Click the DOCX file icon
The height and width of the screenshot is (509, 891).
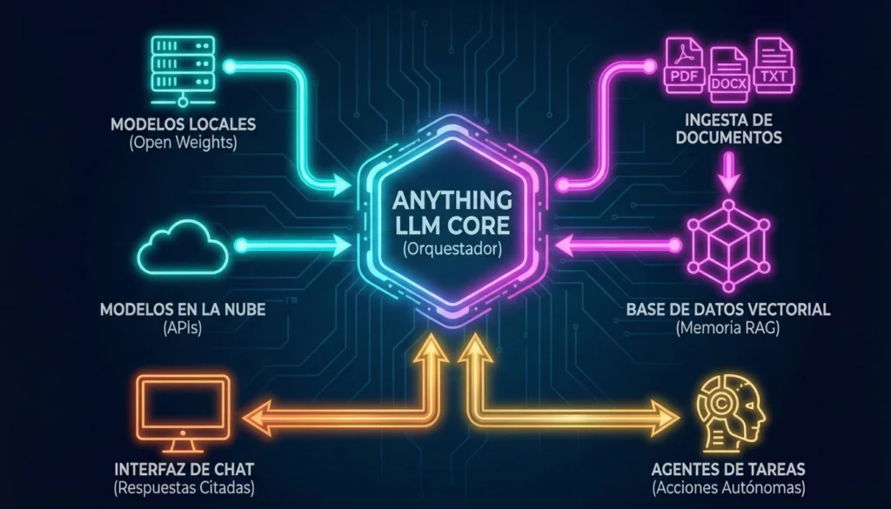point(728,75)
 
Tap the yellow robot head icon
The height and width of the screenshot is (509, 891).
point(728,408)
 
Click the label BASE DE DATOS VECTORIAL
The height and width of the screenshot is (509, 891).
point(728,310)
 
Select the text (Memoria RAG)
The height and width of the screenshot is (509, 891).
point(728,328)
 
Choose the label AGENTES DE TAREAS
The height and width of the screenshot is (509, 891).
point(728,469)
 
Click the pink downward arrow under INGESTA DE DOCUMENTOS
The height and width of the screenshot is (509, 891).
point(728,174)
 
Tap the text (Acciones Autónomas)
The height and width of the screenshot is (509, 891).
point(728,487)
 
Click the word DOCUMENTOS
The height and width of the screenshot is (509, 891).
point(728,137)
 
